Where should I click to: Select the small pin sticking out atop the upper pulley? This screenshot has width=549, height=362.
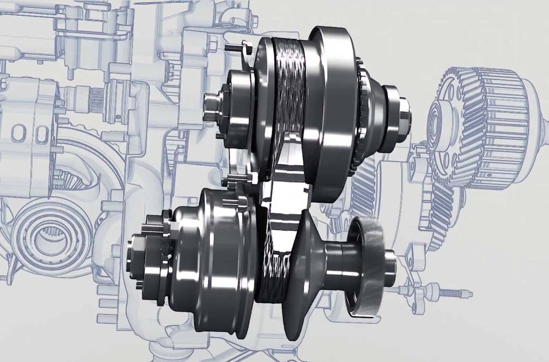[232, 47]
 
